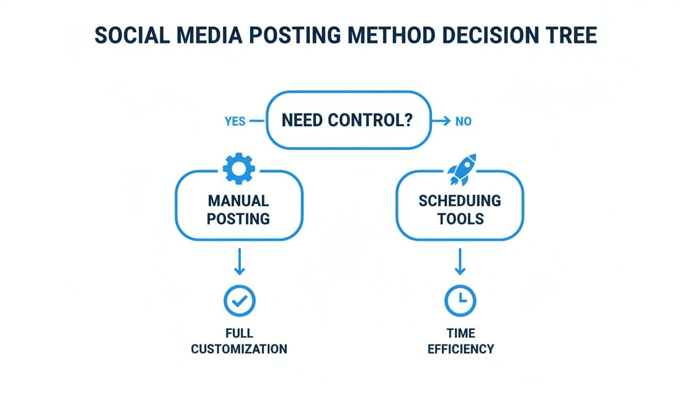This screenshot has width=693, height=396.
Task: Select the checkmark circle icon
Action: point(239,301)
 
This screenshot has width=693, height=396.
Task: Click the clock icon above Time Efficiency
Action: point(460,301)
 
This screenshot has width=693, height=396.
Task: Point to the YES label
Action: point(235,122)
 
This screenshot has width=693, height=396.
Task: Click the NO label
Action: point(463,122)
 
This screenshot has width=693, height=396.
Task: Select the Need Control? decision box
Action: point(348,121)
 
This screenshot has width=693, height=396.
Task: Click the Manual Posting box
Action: point(239,209)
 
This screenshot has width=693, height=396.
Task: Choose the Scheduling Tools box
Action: point(459,209)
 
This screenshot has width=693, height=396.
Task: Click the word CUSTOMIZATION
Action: point(239,349)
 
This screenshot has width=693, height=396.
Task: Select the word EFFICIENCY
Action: point(460,349)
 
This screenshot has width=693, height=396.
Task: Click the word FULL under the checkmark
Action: point(239,333)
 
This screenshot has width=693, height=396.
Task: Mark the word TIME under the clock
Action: point(460,333)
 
